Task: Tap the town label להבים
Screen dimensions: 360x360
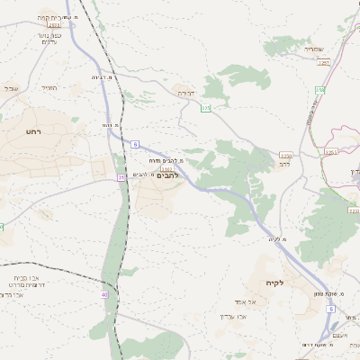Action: point(169,175)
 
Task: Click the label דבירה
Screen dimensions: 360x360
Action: point(185,93)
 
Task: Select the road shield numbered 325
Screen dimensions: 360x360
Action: point(205,108)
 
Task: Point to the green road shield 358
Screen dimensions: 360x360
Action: point(319,89)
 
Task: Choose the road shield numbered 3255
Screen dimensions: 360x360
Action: point(285,155)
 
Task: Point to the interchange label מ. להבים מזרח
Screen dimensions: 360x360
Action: point(168,160)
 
